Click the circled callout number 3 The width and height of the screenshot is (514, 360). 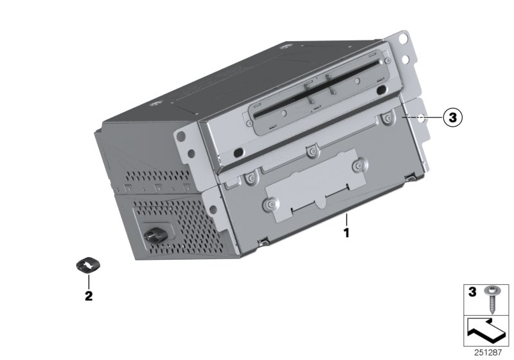[x=452, y=118]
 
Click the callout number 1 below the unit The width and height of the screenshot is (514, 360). [x=346, y=233]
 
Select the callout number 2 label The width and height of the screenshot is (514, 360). [x=89, y=296]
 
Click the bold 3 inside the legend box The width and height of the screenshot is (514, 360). [x=472, y=292]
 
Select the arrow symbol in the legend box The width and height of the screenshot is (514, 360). [x=487, y=332]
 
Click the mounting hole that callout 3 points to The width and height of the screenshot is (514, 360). [x=420, y=118]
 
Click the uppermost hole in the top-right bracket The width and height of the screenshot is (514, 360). [x=405, y=39]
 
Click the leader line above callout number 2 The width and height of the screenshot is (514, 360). [x=89, y=280]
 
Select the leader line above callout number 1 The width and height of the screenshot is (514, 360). [x=346, y=219]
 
